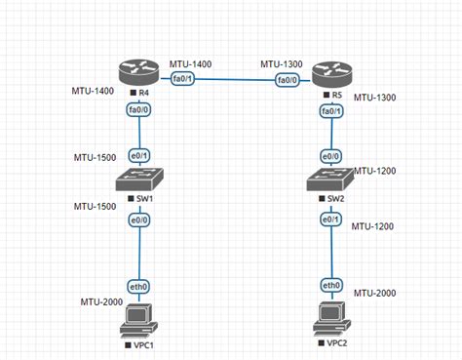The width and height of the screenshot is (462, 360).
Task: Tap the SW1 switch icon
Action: click(x=138, y=180)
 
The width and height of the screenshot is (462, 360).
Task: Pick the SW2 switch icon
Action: click(x=330, y=181)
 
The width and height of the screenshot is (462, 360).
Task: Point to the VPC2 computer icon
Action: click(x=331, y=320)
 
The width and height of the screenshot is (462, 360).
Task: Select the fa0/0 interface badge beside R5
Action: click(x=288, y=80)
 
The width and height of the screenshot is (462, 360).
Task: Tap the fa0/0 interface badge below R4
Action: click(x=138, y=110)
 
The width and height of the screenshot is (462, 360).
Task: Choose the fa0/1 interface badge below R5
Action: click(x=331, y=112)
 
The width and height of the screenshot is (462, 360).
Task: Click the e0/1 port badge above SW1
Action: click(x=139, y=154)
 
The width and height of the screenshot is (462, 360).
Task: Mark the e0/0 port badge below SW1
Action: click(x=138, y=220)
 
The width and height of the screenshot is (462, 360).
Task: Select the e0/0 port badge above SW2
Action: click(x=331, y=155)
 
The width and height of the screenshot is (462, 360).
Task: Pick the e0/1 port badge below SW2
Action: click(x=331, y=220)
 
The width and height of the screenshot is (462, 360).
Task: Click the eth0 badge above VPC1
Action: click(x=138, y=285)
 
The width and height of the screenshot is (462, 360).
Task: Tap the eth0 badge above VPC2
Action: click(x=331, y=285)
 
